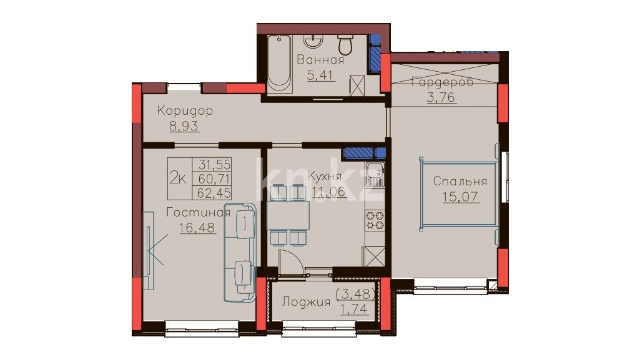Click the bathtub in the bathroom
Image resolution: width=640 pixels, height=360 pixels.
(280, 64)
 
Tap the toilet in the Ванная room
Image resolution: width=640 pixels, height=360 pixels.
(345, 45)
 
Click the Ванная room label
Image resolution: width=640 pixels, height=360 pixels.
(320, 60)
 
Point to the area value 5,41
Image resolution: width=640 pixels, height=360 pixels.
(320, 75)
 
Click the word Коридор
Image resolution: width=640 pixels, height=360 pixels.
(185, 111)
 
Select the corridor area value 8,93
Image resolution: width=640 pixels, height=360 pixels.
(184, 126)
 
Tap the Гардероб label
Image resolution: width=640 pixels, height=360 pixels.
(443, 82)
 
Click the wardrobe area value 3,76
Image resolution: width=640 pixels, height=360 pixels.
(441, 97)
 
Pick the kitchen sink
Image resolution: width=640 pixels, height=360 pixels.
(375, 175)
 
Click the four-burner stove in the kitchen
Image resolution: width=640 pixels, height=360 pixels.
(375, 220)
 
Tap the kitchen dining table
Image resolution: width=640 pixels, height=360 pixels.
(288, 215)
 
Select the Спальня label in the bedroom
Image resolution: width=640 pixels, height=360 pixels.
(460, 181)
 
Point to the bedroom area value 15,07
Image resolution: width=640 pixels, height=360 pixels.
(460, 197)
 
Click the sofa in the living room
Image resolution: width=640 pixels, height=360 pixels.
(240, 253)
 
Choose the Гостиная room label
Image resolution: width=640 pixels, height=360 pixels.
(199, 212)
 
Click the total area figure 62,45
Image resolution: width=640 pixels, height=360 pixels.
(214, 192)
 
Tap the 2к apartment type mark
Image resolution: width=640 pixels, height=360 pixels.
(178, 178)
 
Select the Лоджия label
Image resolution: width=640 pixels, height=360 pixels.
(306, 302)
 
